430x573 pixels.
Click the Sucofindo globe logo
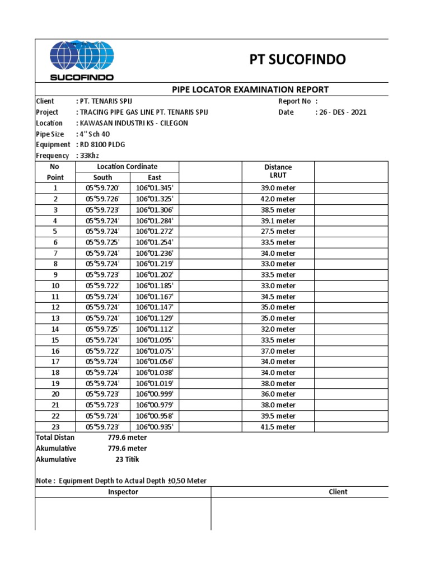coord(82,60)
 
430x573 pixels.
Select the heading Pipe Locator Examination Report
coord(249,90)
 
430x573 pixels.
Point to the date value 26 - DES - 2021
coord(341,112)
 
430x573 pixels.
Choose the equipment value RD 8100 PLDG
coord(100,145)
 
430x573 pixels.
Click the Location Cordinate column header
coord(127,167)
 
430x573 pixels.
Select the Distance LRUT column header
coord(278,171)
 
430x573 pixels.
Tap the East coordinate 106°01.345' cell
coord(155,189)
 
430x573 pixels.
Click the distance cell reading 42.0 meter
coord(278,199)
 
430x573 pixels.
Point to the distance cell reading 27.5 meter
coord(278,232)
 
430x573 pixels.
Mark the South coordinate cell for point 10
coord(102,286)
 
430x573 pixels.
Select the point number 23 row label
coord(55,427)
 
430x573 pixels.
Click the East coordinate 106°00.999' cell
coord(155,394)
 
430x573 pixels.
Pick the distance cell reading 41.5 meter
coord(278,427)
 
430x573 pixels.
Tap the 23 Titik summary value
coord(127,459)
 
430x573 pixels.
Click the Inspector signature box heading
coord(123,492)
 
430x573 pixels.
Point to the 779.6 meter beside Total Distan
coord(127,438)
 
